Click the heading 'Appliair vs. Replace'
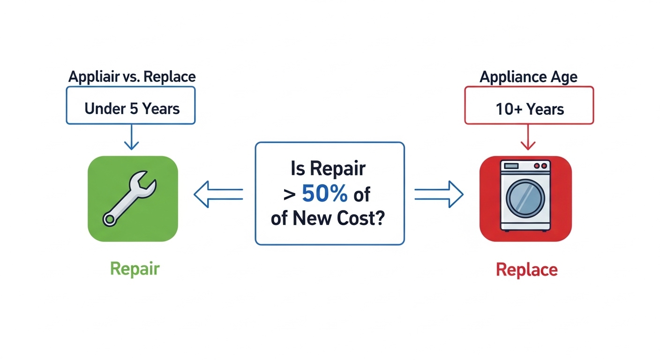pyautogui.click(x=132, y=76)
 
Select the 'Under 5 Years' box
pyautogui.click(x=132, y=109)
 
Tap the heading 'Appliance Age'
pyautogui.click(x=528, y=76)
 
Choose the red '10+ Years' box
pyautogui.click(x=529, y=109)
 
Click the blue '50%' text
pyautogui.click(x=325, y=193)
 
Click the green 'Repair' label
pyautogui.click(x=135, y=269)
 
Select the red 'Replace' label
pyautogui.click(x=526, y=270)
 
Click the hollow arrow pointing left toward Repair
pyautogui.click(x=218, y=194)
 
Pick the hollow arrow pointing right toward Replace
pyautogui.click(x=439, y=194)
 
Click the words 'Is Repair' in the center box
pyautogui.click(x=328, y=168)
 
